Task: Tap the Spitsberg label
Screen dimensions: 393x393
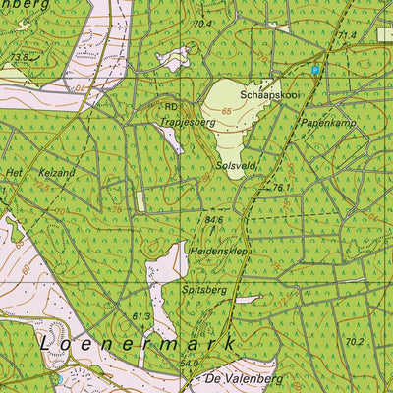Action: point(204,291)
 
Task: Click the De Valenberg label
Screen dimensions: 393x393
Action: point(244,378)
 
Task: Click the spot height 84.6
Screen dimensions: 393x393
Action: point(214,220)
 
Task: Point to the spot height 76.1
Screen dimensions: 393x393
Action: point(283,187)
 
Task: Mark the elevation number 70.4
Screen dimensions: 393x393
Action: point(202,24)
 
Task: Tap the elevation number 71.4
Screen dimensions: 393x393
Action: point(347,35)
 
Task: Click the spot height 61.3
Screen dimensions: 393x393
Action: point(140,316)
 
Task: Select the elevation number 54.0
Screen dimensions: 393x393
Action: point(190,364)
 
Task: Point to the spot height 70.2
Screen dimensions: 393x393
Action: point(354,341)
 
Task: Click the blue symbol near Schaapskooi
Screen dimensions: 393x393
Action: point(315,71)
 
